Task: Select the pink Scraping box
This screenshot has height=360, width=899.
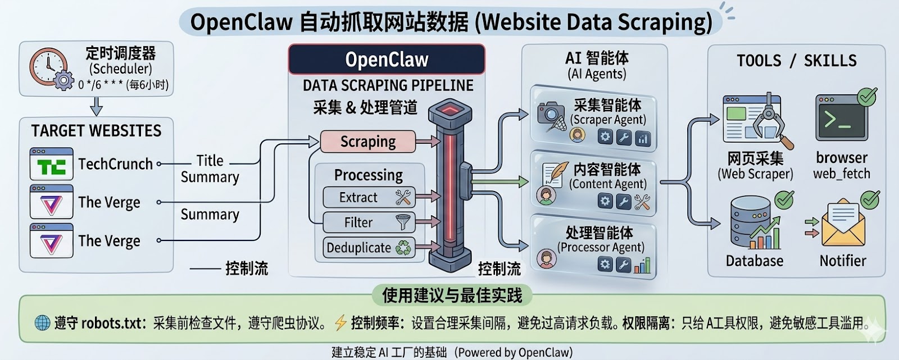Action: (368, 142)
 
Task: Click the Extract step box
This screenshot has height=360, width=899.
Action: (369, 198)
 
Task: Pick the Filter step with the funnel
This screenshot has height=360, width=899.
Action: (369, 222)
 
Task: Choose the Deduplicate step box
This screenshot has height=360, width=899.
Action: (369, 248)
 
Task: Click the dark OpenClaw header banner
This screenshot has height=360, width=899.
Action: (387, 60)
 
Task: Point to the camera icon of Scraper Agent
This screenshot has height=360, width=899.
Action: (550, 115)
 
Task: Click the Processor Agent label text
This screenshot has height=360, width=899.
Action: (600, 247)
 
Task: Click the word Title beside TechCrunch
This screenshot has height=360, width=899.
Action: (210, 161)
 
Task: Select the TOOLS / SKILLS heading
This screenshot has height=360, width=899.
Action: (796, 61)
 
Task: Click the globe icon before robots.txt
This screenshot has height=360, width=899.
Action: (43, 323)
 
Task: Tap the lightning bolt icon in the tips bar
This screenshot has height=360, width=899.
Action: (340, 323)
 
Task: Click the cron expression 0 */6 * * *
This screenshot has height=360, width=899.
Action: (101, 85)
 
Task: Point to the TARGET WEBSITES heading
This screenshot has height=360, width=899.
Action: (96, 131)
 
